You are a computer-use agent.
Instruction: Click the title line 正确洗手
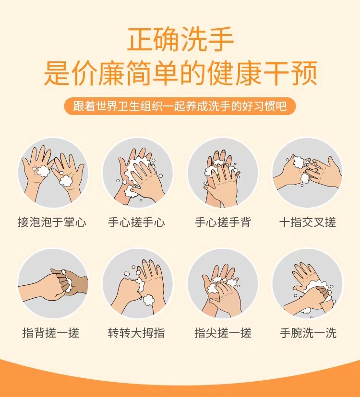point(180,39)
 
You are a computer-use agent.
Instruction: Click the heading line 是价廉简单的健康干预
point(180,73)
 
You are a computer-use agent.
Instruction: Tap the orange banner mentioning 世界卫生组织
point(180,106)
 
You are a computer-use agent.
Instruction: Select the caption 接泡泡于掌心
point(52,222)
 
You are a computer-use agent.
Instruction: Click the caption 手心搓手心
point(136,222)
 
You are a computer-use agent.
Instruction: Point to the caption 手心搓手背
point(223,222)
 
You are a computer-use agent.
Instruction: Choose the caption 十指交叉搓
point(308,222)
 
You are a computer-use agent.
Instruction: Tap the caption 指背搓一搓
point(51,333)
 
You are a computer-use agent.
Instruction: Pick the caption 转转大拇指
point(136,333)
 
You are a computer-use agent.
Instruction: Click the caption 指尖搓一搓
point(223,333)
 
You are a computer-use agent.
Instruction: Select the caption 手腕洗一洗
point(308,333)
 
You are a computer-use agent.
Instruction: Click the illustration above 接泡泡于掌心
point(53,173)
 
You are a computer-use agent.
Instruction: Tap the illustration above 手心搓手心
point(138,173)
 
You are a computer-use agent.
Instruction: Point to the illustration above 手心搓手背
point(223,173)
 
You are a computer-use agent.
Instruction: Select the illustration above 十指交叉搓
point(308,173)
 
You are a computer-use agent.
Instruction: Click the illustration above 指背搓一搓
point(53,283)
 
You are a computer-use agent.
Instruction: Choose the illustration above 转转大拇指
point(138,283)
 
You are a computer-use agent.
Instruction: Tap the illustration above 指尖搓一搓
point(223,283)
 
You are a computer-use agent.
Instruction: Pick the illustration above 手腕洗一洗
point(308,283)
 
